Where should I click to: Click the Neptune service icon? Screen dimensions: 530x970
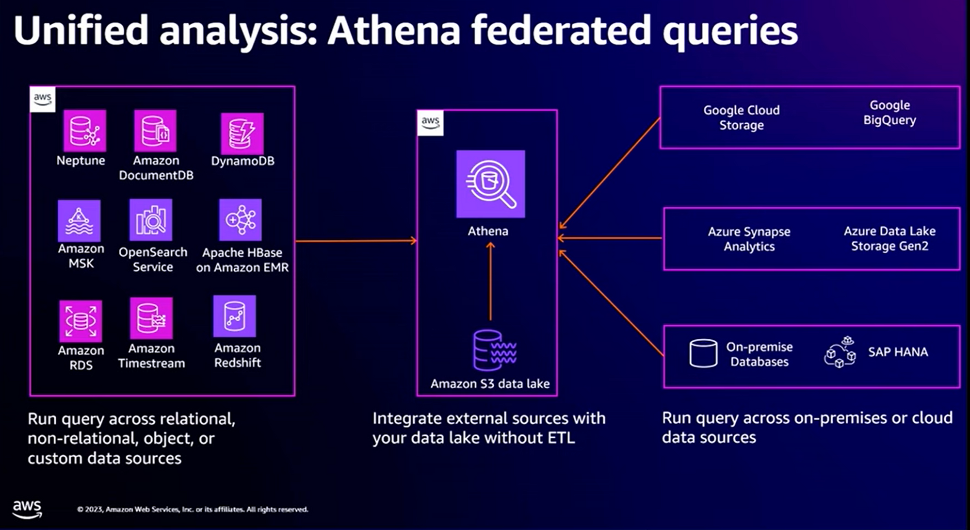click(84, 131)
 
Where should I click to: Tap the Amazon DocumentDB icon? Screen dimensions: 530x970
click(155, 131)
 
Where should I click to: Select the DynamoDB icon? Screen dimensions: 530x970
click(242, 133)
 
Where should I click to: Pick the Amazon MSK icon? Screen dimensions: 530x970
click(79, 221)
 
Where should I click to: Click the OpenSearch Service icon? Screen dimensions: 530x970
click(151, 220)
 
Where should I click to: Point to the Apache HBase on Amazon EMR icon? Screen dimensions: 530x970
click(240, 220)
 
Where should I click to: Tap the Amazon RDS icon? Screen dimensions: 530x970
click(81, 321)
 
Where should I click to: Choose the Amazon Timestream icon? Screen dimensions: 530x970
click(151, 318)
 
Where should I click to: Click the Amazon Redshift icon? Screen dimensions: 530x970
click(234, 316)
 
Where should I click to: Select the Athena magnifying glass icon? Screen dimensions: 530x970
click(490, 184)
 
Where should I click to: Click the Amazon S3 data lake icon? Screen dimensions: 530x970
click(494, 350)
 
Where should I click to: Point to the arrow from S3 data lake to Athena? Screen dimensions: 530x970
click(490, 282)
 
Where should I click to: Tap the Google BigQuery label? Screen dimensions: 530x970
click(889, 113)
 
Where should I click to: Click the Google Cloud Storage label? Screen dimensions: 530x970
click(742, 117)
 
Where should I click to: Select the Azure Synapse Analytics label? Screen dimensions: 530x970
click(749, 239)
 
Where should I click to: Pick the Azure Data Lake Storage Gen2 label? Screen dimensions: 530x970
click(889, 238)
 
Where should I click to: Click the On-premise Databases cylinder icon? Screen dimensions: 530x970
click(703, 353)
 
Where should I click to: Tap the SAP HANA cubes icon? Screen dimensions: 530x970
click(840, 352)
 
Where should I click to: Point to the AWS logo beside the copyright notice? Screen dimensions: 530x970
click(27, 509)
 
